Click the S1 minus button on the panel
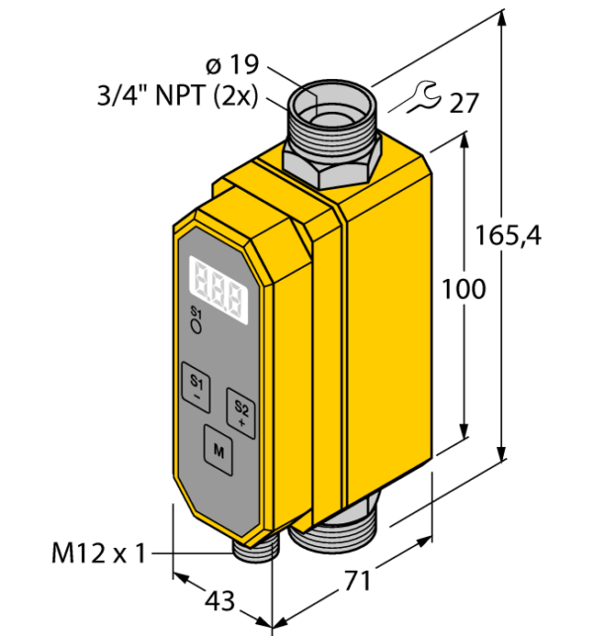pos(196,388)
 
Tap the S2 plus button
pos(241,413)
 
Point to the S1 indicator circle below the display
pos(196,327)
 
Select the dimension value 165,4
pos(508,236)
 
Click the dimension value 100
pos(464,289)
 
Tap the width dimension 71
pos(358,581)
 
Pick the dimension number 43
pos(219,600)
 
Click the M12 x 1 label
pos(99,553)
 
